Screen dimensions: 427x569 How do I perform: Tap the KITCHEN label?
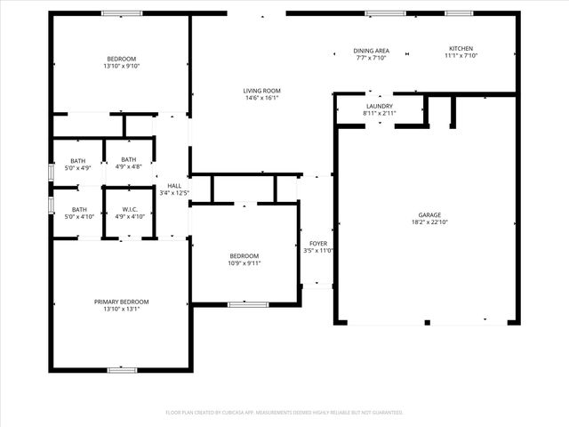(461, 49)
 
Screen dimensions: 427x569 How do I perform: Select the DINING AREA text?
(372, 51)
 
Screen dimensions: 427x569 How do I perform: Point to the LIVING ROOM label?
(262, 91)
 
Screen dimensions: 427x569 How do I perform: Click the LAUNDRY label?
(380, 107)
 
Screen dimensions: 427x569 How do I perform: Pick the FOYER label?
(317, 243)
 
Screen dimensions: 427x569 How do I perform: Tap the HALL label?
(174, 186)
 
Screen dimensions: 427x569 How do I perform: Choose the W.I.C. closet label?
(130, 210)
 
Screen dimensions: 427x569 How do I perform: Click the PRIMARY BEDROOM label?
(122, 302)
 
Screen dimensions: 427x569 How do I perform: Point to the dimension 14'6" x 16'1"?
(262, 99)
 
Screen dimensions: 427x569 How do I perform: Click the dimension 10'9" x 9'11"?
(244, 263)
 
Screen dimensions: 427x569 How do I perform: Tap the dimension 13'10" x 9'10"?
(121, 66)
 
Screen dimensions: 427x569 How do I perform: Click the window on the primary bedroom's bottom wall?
(121, 369)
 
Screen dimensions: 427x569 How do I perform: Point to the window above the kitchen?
(459, 13)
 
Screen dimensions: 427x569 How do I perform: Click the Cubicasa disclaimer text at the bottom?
(284, 413)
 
